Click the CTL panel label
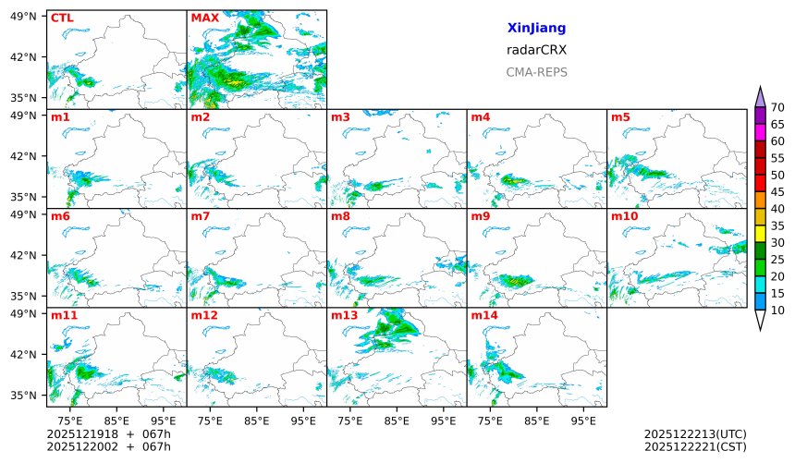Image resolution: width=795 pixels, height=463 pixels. coord(61,18)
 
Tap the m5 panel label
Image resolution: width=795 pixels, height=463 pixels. coord(620,117)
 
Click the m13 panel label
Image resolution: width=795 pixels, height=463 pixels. coord(344,316)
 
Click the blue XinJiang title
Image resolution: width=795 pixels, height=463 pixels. coord(536,29)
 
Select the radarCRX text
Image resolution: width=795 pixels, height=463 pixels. coord(536,50)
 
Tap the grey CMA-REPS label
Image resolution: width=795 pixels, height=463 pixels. coord(536,72)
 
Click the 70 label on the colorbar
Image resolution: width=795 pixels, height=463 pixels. coord(777,108)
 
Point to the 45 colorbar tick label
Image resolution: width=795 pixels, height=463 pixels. coord(777,192)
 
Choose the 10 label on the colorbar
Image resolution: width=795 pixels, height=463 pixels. coord(777,311)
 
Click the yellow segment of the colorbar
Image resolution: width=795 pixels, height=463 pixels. coord(760,234)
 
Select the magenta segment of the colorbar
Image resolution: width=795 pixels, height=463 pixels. coord(760,133)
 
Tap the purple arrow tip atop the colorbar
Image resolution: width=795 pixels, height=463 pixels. coord(760,96)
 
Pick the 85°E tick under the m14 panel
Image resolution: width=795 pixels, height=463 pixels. coord(536,420)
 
